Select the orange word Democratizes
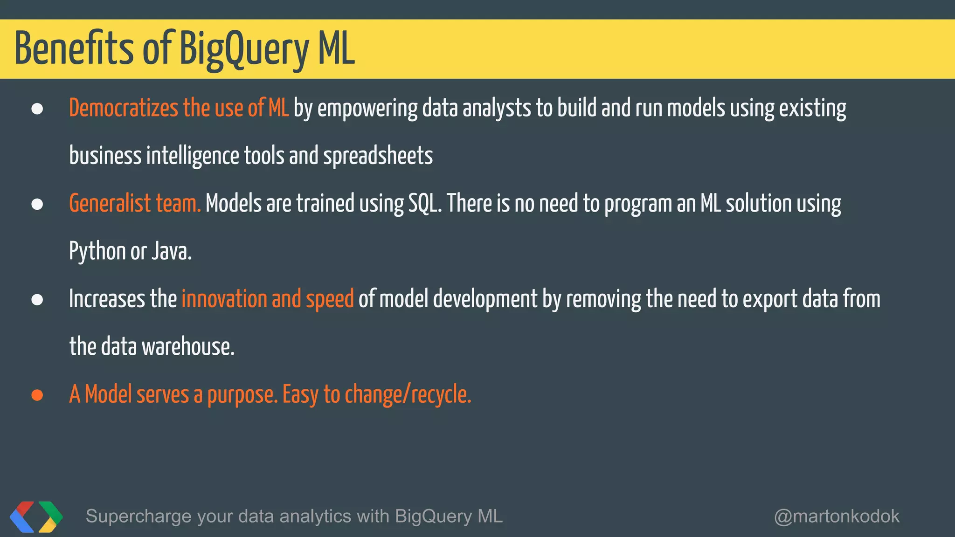[x=124, y=108]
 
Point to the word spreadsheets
[x=378, y=156]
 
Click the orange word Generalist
[x=110, y=204]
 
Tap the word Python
[x=97, y=252]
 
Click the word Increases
[x=107, y=299]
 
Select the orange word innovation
[x=224, y=299]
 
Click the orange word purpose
[x=242, y=395]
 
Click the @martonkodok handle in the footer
[x=837, y=516]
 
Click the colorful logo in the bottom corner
[x=36, y=516]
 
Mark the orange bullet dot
[x=37, y=395]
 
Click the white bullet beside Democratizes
[x=37, y=109]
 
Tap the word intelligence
[x=193, y=156]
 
